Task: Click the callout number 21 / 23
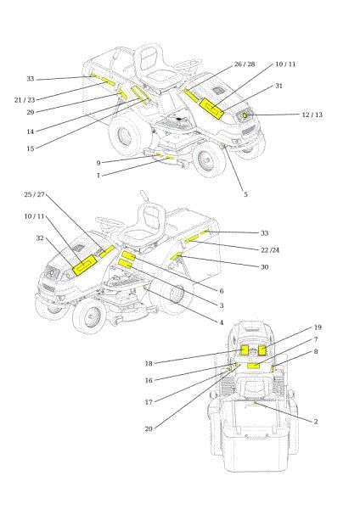[24, 99]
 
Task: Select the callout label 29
[30, 112]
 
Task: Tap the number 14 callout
[30, 131]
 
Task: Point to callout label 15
[30, 148]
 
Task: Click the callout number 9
[98, 163]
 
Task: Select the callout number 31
[279, 86]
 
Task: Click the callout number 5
[245, 194]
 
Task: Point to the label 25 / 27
[35, 195]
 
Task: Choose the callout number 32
[39, 238]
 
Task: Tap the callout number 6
[222, 290]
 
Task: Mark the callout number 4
[222, 322]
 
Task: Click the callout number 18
[149, 363]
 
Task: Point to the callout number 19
[318, 327]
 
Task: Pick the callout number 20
[149, 428]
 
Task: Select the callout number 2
[316, 421]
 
